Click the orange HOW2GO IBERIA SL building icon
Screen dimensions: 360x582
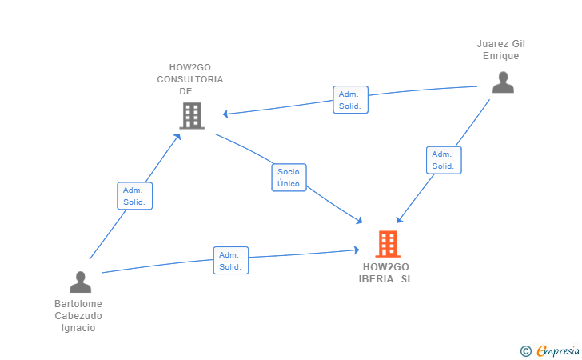click(x=387, y=244)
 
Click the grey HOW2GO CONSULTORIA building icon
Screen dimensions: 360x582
click(x=192, y=115)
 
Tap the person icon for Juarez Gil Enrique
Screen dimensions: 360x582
click(x=503, y=82)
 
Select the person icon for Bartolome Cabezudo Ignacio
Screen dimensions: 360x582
click(x=80, y=282)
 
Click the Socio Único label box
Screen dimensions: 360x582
click(x=288, y=178)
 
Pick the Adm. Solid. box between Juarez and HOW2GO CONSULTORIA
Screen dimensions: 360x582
click(x=350, y=100)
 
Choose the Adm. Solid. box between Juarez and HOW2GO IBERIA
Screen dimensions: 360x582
click(x=443, y=160)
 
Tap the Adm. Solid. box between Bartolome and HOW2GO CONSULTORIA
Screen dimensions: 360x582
click(x=135, y=196)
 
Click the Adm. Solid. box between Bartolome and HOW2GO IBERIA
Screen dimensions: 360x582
click(x=231, y=261)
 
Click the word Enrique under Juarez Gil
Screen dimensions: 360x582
click(x=501, y=56)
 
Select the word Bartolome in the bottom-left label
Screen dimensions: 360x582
click(x=78, y=304)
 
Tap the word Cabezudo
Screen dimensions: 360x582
click(x=78, y=316)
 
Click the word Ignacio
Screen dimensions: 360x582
click(x=78, y=328)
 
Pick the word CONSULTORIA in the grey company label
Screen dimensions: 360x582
click(x=190, y=79)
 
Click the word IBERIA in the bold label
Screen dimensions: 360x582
click(x=376, y=279)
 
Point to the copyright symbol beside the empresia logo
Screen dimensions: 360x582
click(x=525, y=350)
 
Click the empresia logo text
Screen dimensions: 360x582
click(x=558, y=350)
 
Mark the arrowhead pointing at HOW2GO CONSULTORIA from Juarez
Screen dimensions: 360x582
click(x=225, y=114)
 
